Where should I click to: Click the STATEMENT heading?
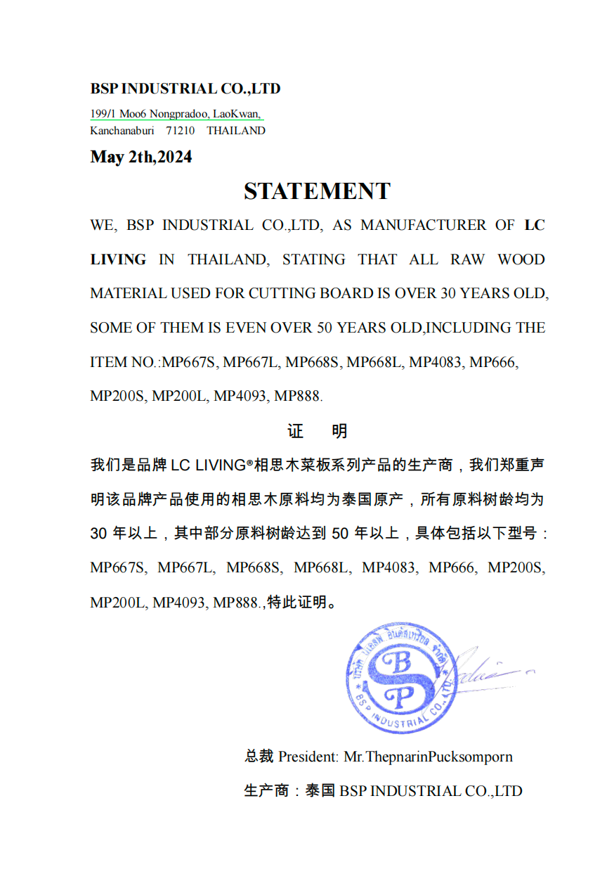(x=317, y=191)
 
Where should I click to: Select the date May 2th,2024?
(x=141, y=157)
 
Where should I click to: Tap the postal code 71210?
(x=181, y=131)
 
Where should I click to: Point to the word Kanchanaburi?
(x=122, y=131)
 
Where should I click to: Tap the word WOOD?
(x=521, y=259)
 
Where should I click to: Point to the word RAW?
(x=468, y=259)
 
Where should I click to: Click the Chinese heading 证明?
(x=318, y=431)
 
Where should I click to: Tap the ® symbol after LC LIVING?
(x=249, y=464)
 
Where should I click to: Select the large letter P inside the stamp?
(x=397, y=696)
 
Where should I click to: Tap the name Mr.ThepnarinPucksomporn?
(x=428, y=757)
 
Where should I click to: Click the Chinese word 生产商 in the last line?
(x=266, y=791)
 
